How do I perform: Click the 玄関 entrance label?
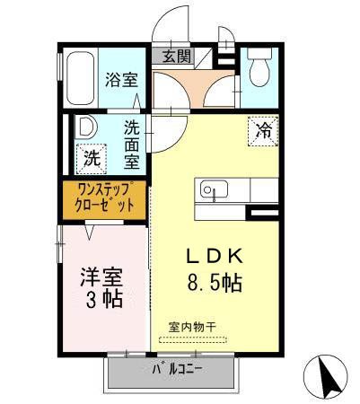pyautogui.click(x=177, y=57)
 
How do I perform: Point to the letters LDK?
pyautogui.click(x=213, y=253)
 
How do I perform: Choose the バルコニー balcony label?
pyautogui.click(x=177, y=369)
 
